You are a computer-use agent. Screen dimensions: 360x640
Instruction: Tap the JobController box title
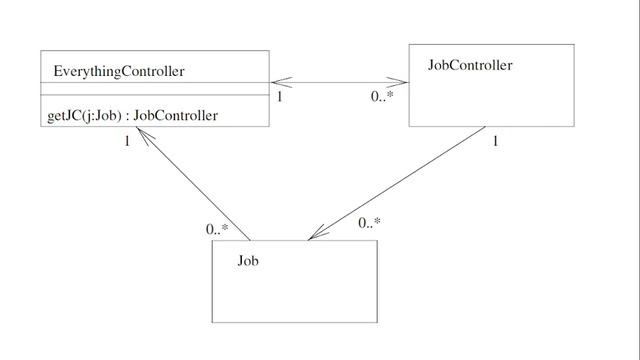pos(470,65)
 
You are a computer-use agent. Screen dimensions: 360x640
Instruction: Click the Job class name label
pos(248,262)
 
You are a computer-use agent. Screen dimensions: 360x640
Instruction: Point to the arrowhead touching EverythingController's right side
pos(277,83)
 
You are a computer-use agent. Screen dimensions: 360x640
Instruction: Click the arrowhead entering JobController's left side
pos(403,83)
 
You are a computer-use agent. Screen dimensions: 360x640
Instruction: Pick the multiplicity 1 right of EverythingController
pos(280,98)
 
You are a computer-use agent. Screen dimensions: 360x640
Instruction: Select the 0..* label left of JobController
pos(381,98)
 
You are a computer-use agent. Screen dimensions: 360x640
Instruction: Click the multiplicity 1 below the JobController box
pos(494,141)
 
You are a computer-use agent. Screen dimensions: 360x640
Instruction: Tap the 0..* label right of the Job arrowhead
pos(369,223)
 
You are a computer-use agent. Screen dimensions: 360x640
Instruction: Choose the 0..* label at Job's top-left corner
pos(217,230)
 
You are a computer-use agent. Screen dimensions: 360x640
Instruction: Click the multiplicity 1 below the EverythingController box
pos(127,141)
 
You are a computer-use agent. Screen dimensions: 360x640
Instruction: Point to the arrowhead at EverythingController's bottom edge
pos(143,134)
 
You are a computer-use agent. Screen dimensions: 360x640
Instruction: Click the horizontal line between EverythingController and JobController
pos(340,83)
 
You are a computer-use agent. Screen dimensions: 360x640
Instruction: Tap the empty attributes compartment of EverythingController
pos(155,89)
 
